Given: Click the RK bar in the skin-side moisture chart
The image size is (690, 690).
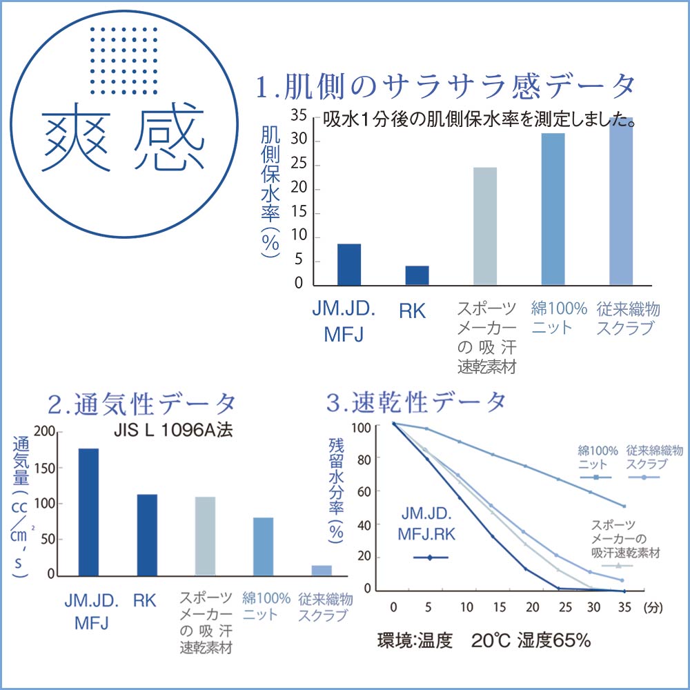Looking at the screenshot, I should tap(417, 275).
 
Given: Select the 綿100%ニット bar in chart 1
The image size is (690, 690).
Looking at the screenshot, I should tap(553, 208).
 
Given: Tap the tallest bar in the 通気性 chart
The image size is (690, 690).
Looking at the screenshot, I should tap(88, 511).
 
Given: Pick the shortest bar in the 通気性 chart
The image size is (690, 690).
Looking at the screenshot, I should tap(322, 570).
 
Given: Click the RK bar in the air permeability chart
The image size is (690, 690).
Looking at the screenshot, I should tap(147, 534).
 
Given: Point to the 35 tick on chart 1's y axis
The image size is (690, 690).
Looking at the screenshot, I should tap(298, 115).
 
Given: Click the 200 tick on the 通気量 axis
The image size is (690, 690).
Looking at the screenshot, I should tap(43, 431).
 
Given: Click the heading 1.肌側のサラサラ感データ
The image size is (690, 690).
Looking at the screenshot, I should tap(445, 88).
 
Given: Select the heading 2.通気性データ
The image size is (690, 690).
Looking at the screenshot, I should tap(142, 402).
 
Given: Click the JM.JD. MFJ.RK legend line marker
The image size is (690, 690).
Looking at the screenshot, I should tap(431, 557).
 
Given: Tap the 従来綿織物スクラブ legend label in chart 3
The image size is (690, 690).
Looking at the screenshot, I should tap(654, 457).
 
